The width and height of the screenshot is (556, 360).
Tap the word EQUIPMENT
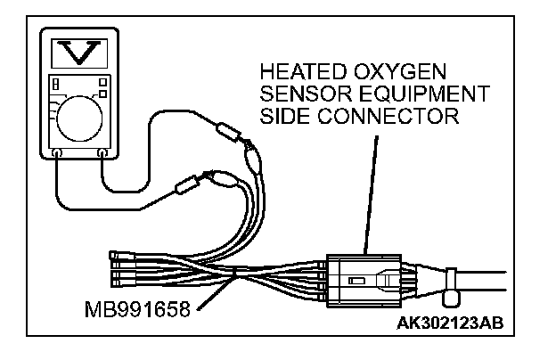click(430, 93)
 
